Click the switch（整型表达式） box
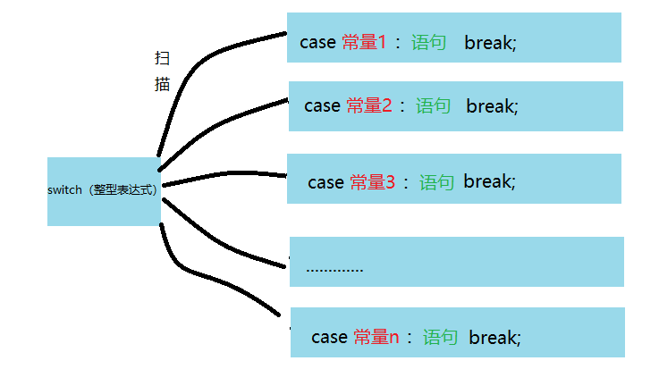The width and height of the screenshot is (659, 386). [104, 190]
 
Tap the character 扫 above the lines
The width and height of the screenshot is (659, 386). [163, 59]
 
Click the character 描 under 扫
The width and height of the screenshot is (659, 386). [163, 85]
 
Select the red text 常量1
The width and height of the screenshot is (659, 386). [364, 42]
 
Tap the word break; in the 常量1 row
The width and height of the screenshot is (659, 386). [490, 42]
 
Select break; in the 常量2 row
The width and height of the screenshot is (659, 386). [493, 105]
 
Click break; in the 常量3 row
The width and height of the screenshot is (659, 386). [489, 181]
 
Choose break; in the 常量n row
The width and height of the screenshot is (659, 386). [494, 337]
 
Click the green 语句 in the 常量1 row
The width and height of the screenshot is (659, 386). [429, 42]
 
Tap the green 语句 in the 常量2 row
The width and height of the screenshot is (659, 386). [434, 105]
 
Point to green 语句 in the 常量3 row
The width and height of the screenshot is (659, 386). [436, 182]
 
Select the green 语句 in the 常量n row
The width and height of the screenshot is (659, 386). [440, 337]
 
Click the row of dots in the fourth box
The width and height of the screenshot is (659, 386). [334, 267]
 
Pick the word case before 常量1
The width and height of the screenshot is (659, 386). [318, 42]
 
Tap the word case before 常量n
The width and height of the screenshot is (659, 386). [329, 337]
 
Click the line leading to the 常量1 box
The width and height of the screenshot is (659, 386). [206, 63]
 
